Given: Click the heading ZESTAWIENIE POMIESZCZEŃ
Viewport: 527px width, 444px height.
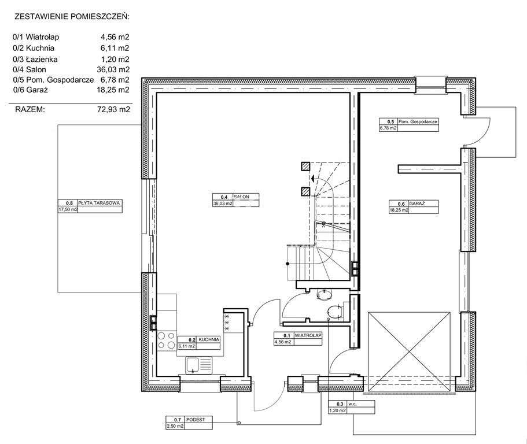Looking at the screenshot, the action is (72, 17).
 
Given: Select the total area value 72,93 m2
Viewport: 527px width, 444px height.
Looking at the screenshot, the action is (113, 109).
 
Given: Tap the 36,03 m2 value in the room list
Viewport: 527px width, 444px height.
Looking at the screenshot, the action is (113, 69).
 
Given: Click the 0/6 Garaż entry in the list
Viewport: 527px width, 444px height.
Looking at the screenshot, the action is (30, 90).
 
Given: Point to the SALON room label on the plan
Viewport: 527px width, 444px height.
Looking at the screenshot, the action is (242, 197).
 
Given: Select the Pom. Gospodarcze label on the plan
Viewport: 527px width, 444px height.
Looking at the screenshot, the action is (418, 121).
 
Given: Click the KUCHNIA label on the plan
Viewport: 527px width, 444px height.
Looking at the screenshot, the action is (209, 339).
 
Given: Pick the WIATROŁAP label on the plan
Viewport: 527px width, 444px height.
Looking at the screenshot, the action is (308, 335).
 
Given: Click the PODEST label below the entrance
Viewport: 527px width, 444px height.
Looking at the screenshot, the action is (196, 420).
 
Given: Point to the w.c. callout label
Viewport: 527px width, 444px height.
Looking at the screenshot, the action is (352, 404).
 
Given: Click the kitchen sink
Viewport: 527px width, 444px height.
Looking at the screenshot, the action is (198, 365).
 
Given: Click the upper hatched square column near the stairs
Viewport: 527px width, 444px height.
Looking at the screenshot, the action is (305, 167).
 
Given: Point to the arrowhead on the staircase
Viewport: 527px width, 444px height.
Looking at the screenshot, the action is (312, 179).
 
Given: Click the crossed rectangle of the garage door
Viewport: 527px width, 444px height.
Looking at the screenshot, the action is (409, 351).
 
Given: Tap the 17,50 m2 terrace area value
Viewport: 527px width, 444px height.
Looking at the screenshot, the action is (68, 210).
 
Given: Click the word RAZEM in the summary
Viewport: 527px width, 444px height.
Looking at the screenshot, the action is (30, 109).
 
